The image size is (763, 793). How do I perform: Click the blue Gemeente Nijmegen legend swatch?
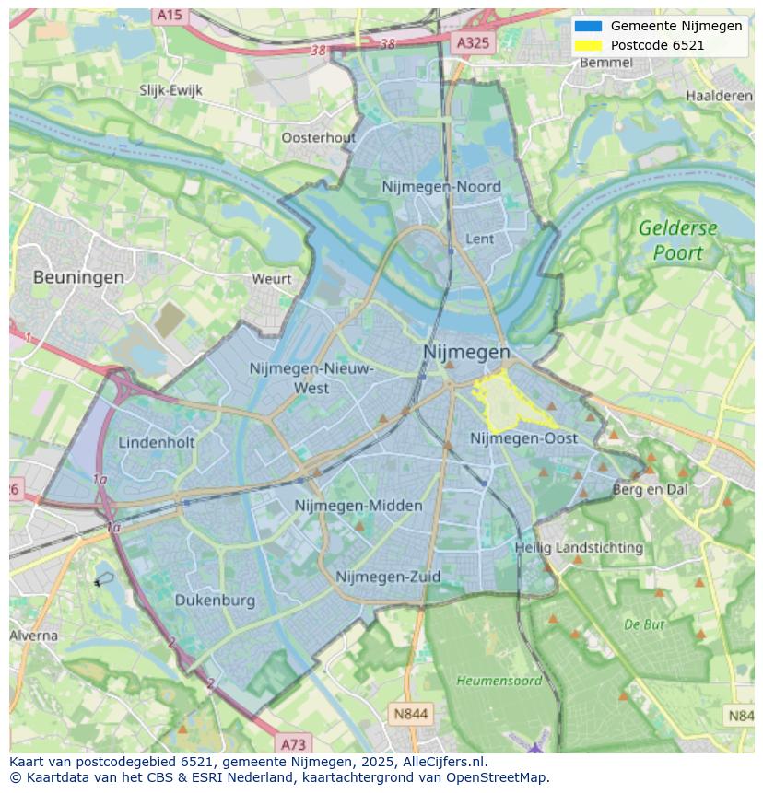pyautogui.click(x=588, y=26)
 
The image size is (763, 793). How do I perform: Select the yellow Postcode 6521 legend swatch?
pyautogui.click(x=588, y=45)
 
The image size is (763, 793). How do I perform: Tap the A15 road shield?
pyautogui.click(x=169, y=15)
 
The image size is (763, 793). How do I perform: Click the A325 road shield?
pyautogui.click(x=475, y=42)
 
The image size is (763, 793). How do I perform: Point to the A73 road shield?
pyautogui.click(x=293, y=744)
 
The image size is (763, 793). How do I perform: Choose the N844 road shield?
pyautogui.click(x=411, y=714)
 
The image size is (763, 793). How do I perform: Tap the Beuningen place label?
pyautogui.click(x=78, y=276)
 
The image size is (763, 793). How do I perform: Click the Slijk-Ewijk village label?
pyautogui.click(x=170, y=90)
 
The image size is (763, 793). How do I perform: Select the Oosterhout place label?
pyautogui.click(x=318, y=137)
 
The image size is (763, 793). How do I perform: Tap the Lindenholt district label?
pyautogui.click(x=157, y=442)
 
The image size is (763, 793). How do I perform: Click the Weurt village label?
pyautogui.click(x=271, y=279)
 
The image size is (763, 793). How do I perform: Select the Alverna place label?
pyautogui.click(x=34, y=636)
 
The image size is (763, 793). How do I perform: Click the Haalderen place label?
pyautogui.click(x=719, y=96)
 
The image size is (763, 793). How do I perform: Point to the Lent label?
pyautogui.click(x=480, y=239)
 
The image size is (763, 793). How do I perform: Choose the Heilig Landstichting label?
pyautogui.click(x=579, y=547)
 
